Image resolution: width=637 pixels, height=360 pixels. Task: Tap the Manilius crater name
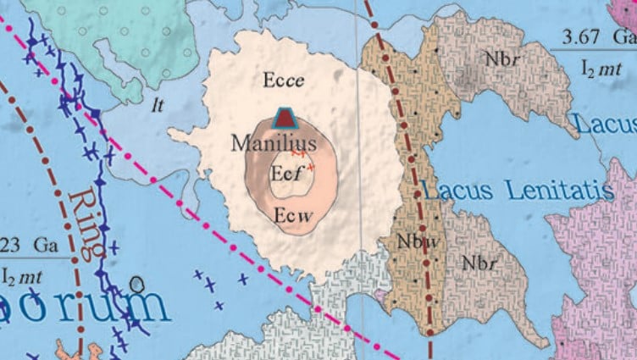click(x=274, y=142)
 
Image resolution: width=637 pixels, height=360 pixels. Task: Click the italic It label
click(x=156, y=106)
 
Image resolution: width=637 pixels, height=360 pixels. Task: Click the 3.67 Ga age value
click(x=596, y=37)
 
